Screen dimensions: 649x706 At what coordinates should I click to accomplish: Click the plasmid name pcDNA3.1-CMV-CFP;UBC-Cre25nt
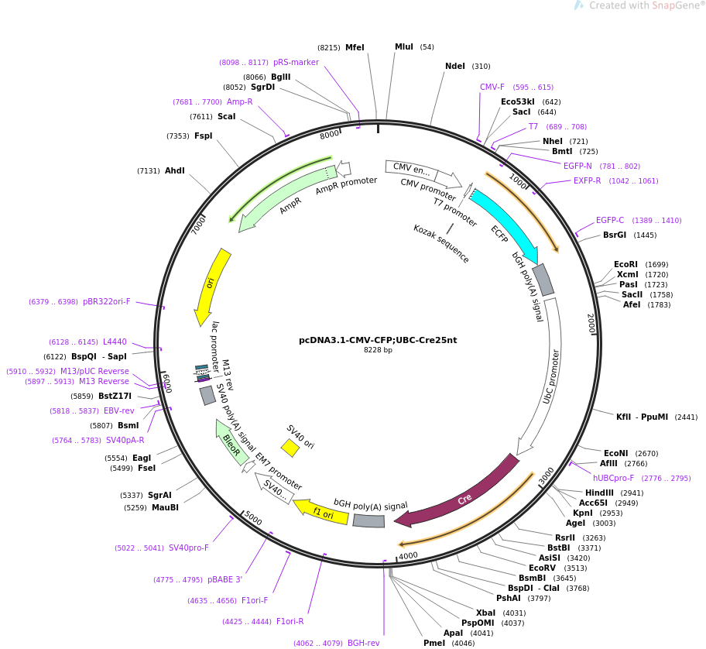coord(378,340)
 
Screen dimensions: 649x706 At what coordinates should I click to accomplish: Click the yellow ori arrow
coord(211,285)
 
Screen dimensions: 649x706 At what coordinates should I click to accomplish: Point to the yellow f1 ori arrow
coord(321,511)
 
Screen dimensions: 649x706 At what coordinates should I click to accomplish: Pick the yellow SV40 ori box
coord(290,448)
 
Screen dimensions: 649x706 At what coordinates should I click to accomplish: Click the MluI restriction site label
coord(404,47)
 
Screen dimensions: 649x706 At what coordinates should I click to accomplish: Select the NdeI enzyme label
coord(455,67)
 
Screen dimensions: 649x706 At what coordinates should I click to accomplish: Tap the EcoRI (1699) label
coord(625,265)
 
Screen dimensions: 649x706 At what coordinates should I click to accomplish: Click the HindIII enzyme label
coord(599,493)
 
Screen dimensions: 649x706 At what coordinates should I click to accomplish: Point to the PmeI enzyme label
coord(434,643)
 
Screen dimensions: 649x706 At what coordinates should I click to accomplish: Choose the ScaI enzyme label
coord(226,117)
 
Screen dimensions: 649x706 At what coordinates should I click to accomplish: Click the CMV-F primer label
coord(492,88)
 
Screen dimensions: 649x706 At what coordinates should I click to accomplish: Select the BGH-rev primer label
coord(364,643)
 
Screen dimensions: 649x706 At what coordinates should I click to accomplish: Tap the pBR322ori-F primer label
coord(107,302)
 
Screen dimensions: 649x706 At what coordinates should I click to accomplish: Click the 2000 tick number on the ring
coord(591,324)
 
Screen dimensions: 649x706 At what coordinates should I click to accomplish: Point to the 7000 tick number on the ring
coord(199,225)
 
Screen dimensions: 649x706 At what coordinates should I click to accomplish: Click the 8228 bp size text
coord(378,350)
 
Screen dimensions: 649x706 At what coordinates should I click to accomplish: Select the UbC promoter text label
coord(551,376)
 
